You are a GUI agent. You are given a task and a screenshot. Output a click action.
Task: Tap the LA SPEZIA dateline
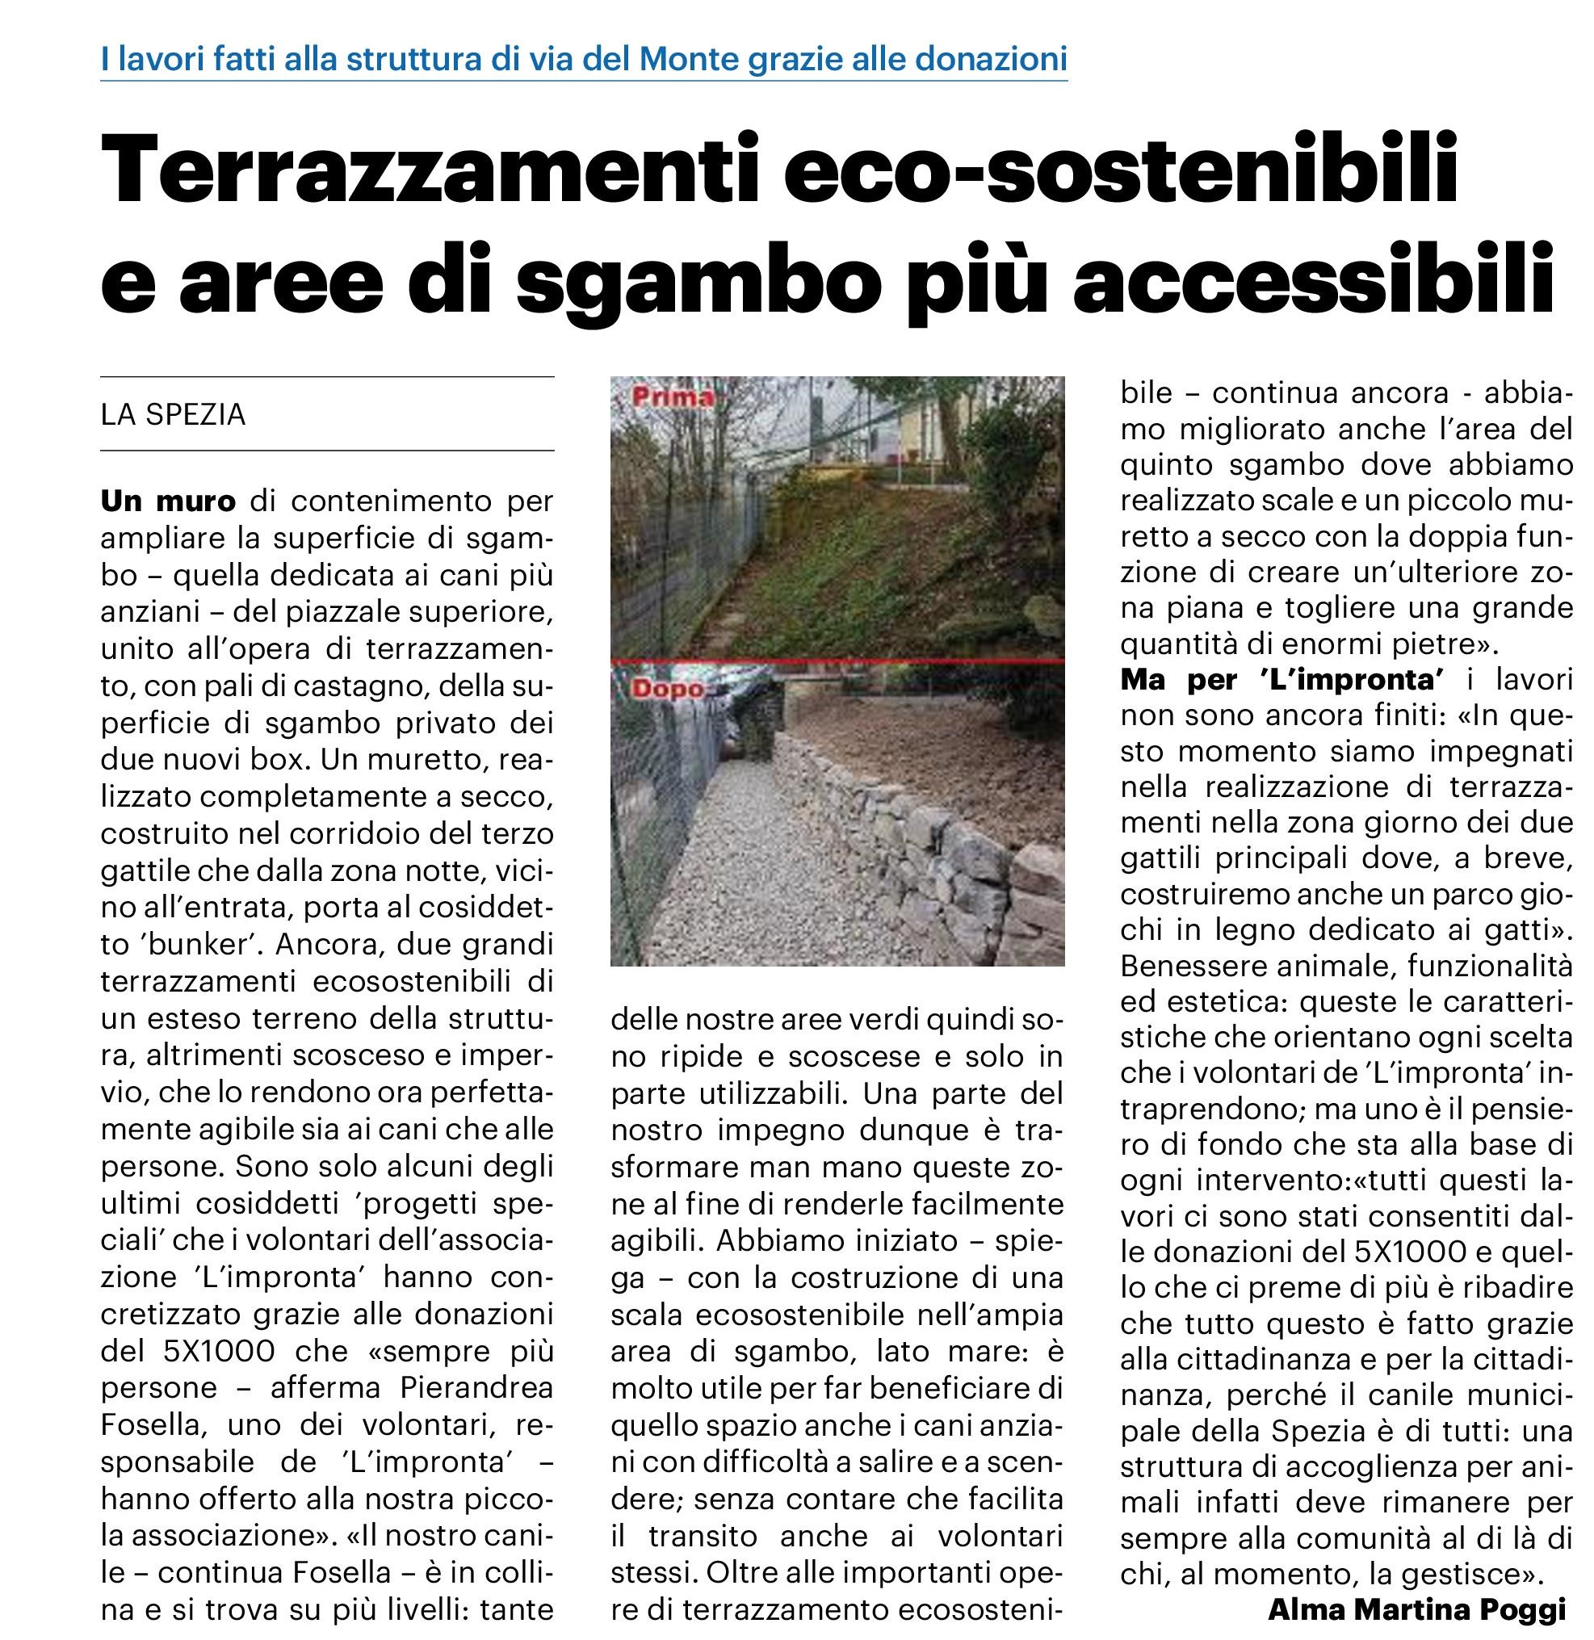(174, 414)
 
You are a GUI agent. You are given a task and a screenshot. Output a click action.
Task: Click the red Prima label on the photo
(673, 396)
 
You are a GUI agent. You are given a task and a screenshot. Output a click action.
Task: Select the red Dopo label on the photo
(667, 689)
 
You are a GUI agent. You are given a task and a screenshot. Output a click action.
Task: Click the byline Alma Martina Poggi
(1416, 1609)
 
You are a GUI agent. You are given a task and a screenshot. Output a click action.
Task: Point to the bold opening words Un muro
(168, 501)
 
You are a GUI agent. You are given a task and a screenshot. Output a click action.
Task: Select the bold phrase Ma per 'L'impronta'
(1282, 679)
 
